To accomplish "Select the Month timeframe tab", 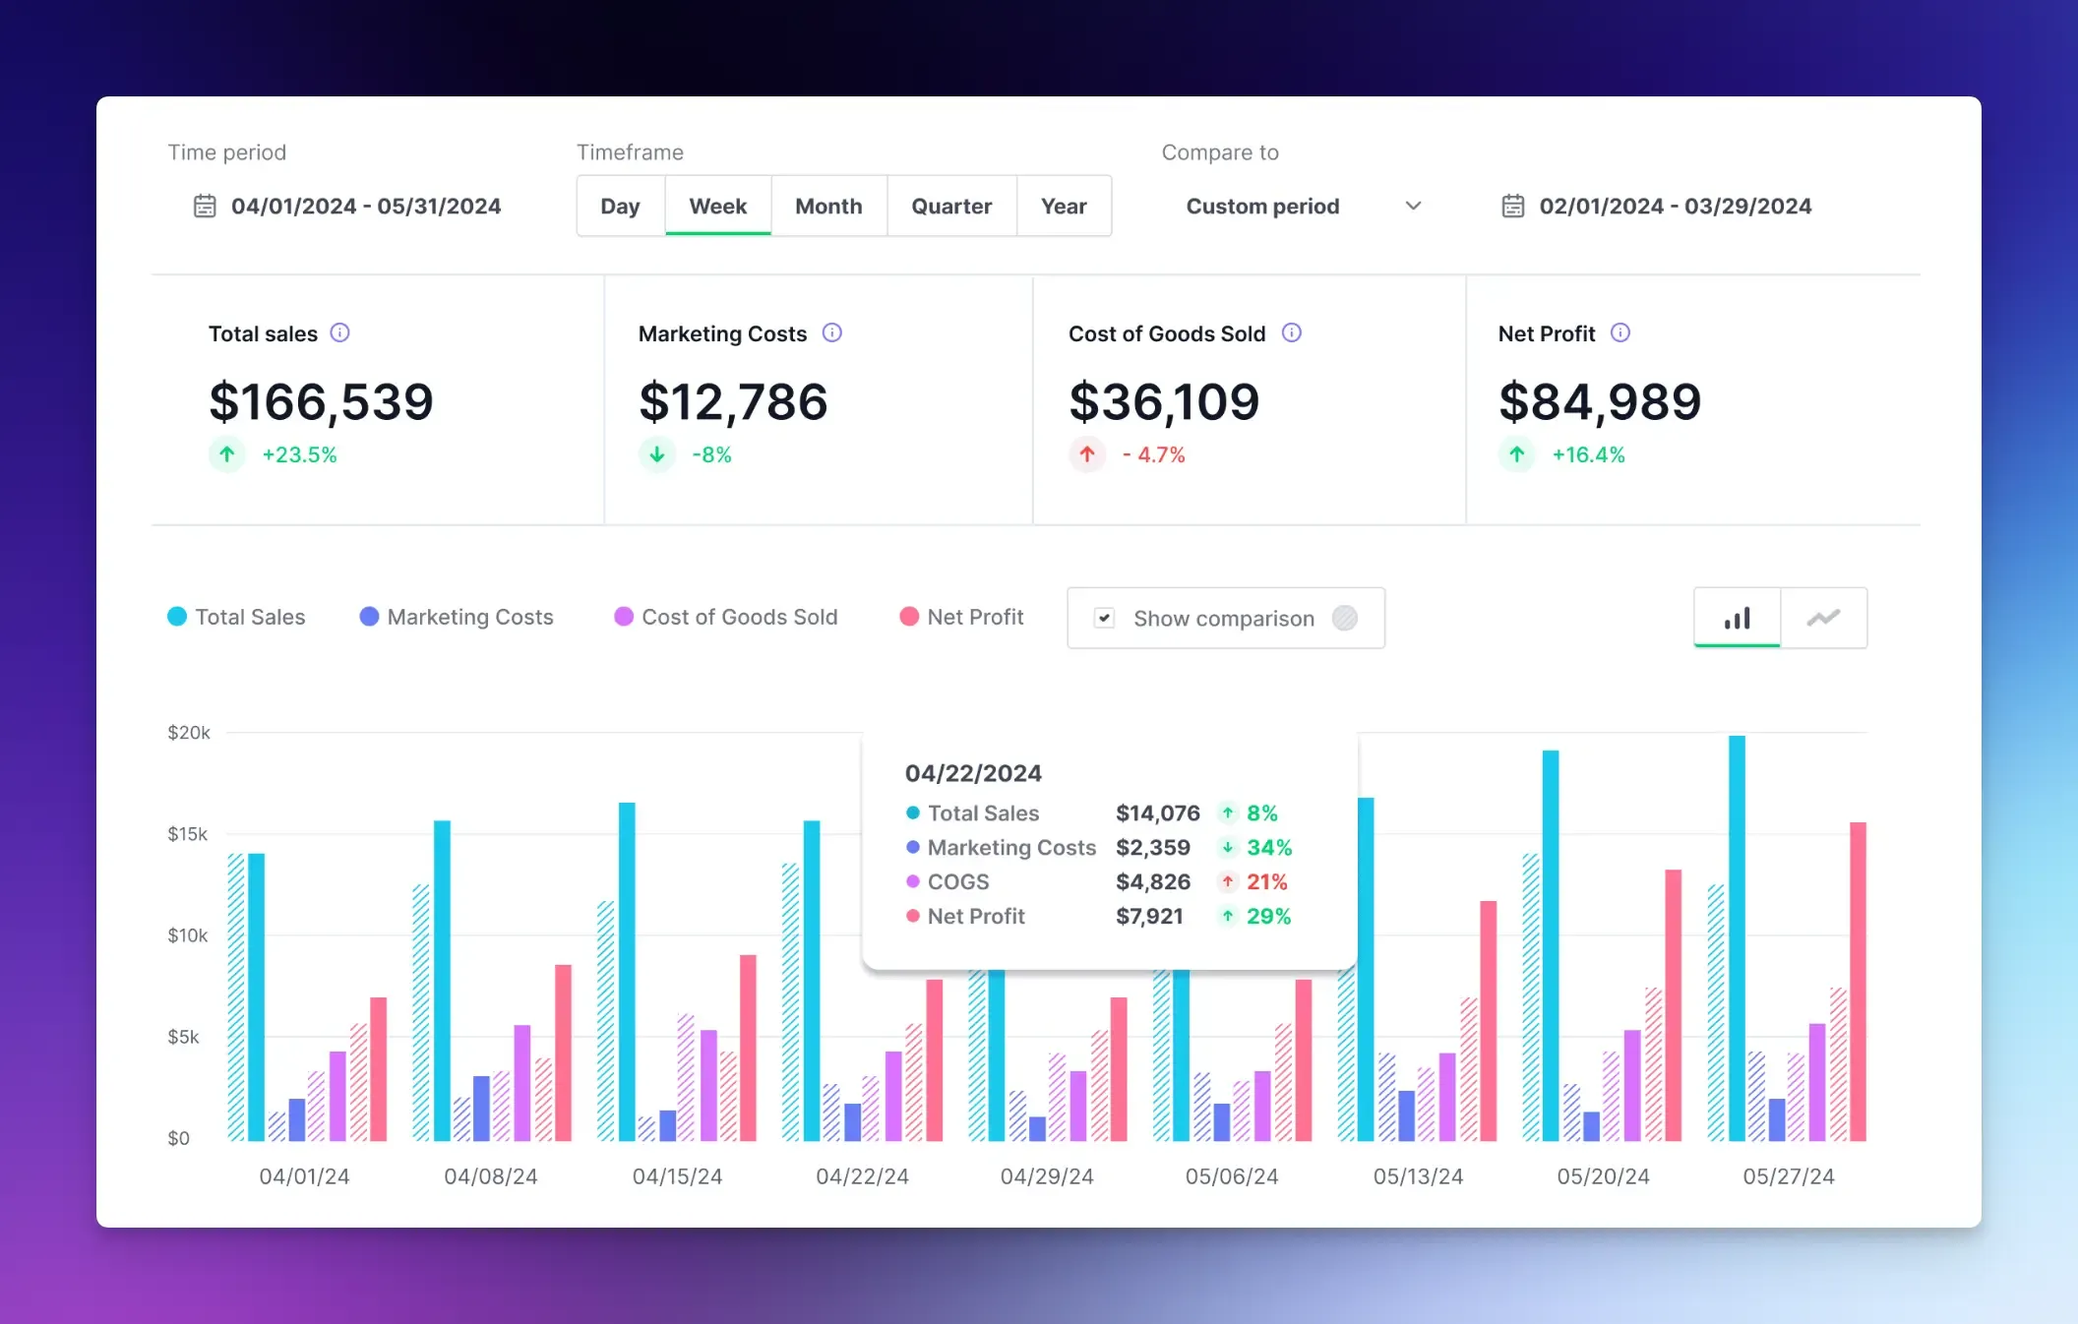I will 828,207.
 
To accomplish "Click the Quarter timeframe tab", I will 950,207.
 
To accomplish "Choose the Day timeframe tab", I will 620,207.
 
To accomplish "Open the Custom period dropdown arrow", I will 1413,207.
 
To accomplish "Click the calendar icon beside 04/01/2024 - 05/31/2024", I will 205,207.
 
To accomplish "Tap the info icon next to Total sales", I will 339,332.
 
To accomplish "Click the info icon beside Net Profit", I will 1620,332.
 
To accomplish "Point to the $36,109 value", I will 1164,401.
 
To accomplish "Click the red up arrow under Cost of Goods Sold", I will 1087,454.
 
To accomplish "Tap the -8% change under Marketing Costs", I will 711,454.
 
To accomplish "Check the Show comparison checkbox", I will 1104,618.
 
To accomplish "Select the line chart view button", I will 1823,618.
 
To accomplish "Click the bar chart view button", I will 1737,618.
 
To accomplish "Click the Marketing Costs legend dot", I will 369,617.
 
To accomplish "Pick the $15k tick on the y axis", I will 188,834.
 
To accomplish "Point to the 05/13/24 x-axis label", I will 1418,1176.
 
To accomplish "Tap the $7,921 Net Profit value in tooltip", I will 1149,917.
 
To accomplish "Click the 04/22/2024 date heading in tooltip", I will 973,773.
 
